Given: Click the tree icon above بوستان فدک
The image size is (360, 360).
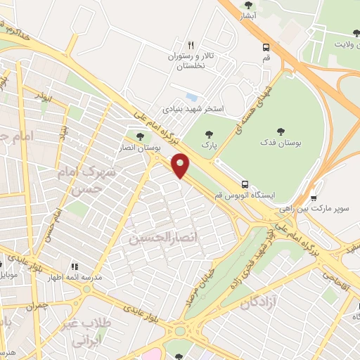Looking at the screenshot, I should [281, 130].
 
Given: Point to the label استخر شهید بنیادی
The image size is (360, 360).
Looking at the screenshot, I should [193, 109].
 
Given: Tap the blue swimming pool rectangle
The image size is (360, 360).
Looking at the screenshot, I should [191, 97].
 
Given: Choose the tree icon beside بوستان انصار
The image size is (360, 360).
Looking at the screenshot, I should [140, 136].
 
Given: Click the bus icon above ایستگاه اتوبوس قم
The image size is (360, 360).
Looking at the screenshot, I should [244, 182].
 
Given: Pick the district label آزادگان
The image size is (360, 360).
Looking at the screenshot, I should [261, 304].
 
